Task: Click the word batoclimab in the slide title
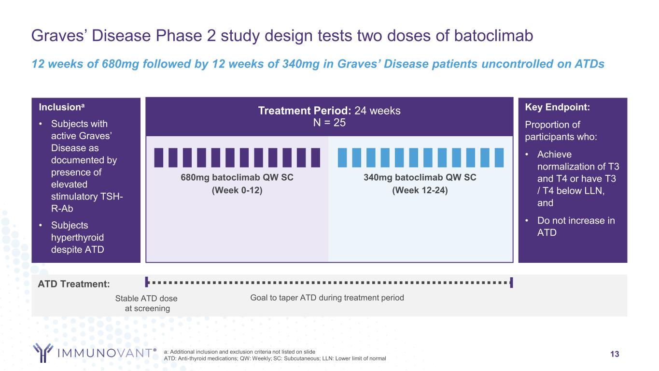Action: click(493, 36)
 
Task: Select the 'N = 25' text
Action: click(329, 123)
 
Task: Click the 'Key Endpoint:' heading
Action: click(557, 107)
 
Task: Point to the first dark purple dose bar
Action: click(158, 158)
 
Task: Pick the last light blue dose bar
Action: click(499, 158)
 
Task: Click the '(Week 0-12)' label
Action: click(237, 190)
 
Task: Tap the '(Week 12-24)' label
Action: click(420, 190)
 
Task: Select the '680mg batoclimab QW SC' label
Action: click(237, 178)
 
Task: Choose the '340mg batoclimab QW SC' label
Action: click(420, 178)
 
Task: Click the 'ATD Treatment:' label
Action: click(73, 284)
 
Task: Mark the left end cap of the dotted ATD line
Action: click(146, 282)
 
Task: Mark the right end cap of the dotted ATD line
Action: click(511, 283)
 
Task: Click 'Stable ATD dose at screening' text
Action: click(146, 303)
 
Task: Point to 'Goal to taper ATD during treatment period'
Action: click(327, 298)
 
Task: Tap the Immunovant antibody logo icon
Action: click(43, 353)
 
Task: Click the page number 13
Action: click(615, 354)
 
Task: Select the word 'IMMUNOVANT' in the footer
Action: click(105, 353)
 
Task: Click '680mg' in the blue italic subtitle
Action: click(120, 64)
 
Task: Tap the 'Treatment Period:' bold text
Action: click(305, 111)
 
